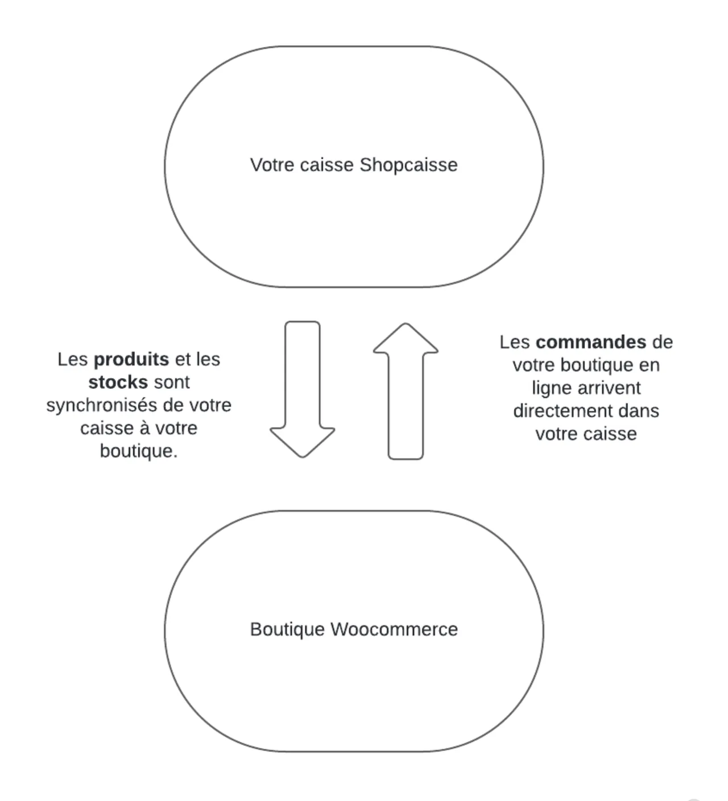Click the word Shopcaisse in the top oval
pos(408,165)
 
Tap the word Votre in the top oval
pos(272,165)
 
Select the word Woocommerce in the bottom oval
pos(394,629)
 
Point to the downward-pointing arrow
pos(303,389)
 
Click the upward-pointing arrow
pos(406,391)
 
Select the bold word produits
pos(131,359)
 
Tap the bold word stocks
pos(118,382)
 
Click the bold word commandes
pos(591,342)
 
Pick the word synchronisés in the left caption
pos(102,406)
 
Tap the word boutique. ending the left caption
pos(139,451)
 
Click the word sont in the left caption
pos(172,383)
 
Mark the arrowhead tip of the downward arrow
pos(303,458)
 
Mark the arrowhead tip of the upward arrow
pos(406,323)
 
